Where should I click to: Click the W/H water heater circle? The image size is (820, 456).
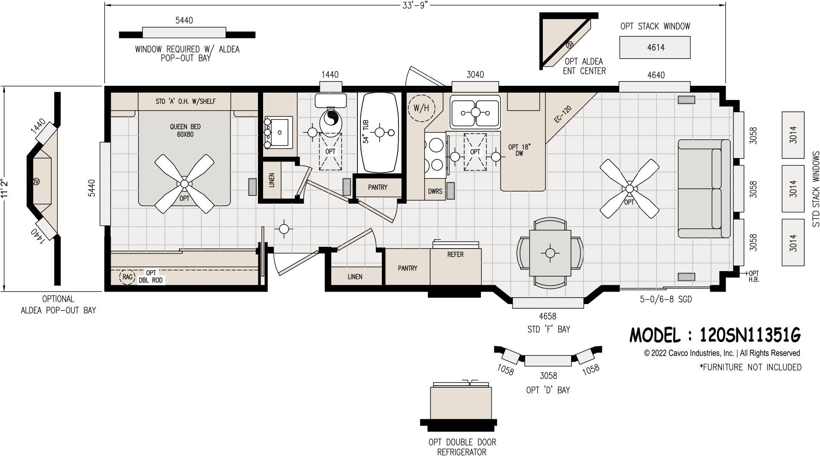pos(421,108)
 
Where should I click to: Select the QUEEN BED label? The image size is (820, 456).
pos(185,130)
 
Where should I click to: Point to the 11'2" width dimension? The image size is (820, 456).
pos(5,187)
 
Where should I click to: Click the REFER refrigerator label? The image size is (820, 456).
pos(455,254)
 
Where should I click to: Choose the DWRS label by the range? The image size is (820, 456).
pos(435,192)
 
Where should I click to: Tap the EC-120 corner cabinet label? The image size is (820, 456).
pos(562,114)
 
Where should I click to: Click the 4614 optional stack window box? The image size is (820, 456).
pos(655,47)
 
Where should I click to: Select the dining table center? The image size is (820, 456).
pos(550,253)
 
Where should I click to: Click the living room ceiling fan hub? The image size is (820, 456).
pos(629,188)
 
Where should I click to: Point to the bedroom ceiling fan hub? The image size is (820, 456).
pos(184,183)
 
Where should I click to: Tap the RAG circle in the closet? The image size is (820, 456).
pos(128,277)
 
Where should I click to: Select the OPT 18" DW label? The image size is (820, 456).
pos(519,150)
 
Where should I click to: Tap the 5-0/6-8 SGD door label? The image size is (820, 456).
pos(665,300)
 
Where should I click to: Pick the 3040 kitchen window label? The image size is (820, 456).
pos(475,75)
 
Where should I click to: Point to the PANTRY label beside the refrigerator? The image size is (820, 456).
pos(407,268)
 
